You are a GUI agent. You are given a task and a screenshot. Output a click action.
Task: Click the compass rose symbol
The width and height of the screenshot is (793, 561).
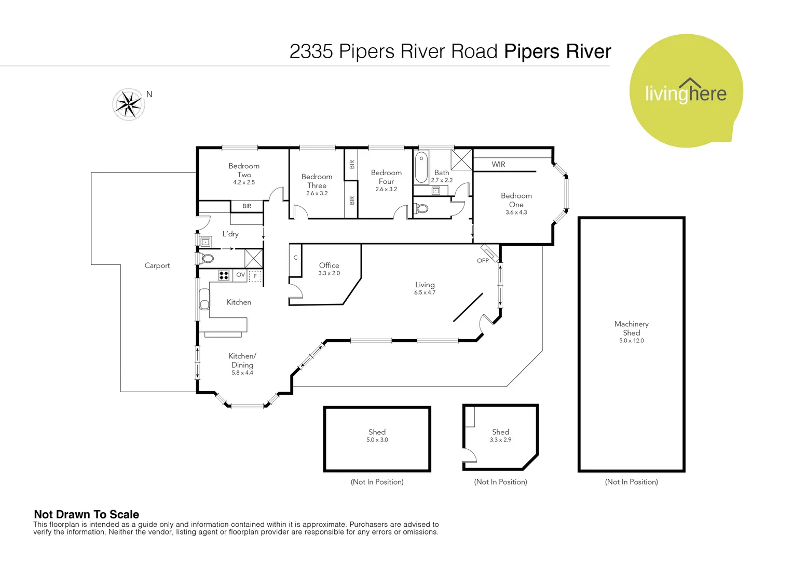pos(128,104)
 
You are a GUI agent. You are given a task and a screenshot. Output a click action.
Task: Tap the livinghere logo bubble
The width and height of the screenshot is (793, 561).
pos(686,91)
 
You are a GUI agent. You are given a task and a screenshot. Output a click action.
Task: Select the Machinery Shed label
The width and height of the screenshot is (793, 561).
pos(631,328)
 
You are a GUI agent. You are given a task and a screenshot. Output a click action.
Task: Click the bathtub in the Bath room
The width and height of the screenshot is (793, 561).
pos(421,166)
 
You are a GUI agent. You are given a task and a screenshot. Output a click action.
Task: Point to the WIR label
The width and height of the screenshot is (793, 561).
pos(498,164)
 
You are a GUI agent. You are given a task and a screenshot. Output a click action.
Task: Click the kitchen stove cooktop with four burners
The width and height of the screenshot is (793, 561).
pos(224,275)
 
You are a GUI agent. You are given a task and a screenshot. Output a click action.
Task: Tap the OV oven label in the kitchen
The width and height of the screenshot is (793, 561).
pos(240,275)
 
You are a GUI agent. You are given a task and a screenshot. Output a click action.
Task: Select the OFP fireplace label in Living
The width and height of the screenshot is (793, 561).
pos(483,261)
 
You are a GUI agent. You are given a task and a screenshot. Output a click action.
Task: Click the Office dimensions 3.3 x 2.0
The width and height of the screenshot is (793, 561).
pos(329,273)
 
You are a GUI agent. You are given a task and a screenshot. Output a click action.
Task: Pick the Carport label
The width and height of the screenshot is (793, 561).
pos(157,265)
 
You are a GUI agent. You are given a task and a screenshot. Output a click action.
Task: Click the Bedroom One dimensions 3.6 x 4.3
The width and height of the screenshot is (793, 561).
pos(516,212)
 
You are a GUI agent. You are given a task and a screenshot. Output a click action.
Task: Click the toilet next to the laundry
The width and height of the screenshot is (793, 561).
pos(207,258)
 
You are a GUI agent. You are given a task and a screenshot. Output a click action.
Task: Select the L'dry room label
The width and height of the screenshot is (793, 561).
pos(230,234)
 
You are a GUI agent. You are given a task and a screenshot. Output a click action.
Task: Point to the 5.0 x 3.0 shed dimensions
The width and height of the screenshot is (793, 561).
pos(377,440)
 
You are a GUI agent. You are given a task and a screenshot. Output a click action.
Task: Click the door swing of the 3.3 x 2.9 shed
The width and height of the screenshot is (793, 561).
pos(470,455)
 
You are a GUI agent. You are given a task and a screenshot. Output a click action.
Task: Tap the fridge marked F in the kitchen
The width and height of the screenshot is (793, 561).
pos(255,276)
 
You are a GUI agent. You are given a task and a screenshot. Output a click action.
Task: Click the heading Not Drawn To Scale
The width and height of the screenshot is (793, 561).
pos(86,514)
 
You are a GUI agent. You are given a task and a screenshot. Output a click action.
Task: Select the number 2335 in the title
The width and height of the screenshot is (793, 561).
pos(311,51)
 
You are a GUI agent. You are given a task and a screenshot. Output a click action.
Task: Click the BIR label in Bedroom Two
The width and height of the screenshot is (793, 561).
pos(247,206)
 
